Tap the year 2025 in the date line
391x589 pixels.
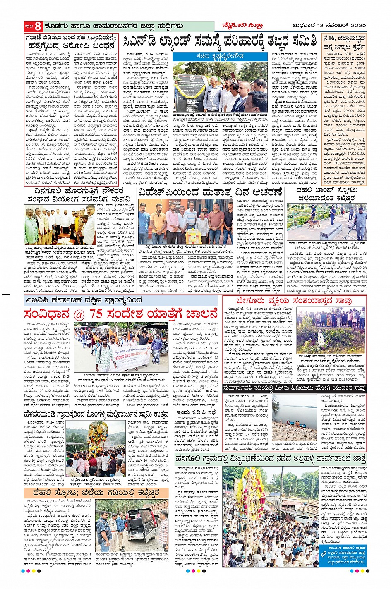tap(357, 26)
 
